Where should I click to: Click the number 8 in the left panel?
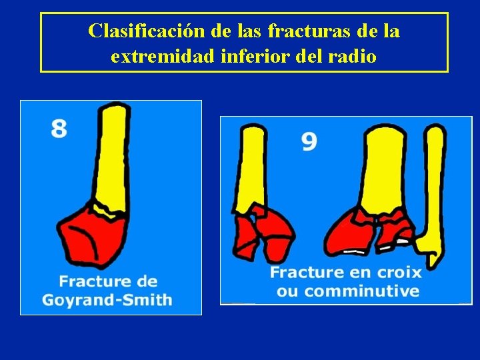coord(59,127)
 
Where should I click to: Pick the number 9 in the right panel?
coord(309,141)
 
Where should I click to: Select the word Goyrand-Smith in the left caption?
coord(107,300)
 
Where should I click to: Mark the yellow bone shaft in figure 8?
coord(111,153)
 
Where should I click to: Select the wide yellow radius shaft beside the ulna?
coord(387,167)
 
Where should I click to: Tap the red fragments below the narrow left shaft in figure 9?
coord(263,233)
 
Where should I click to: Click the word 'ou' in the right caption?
coord(287,291)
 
